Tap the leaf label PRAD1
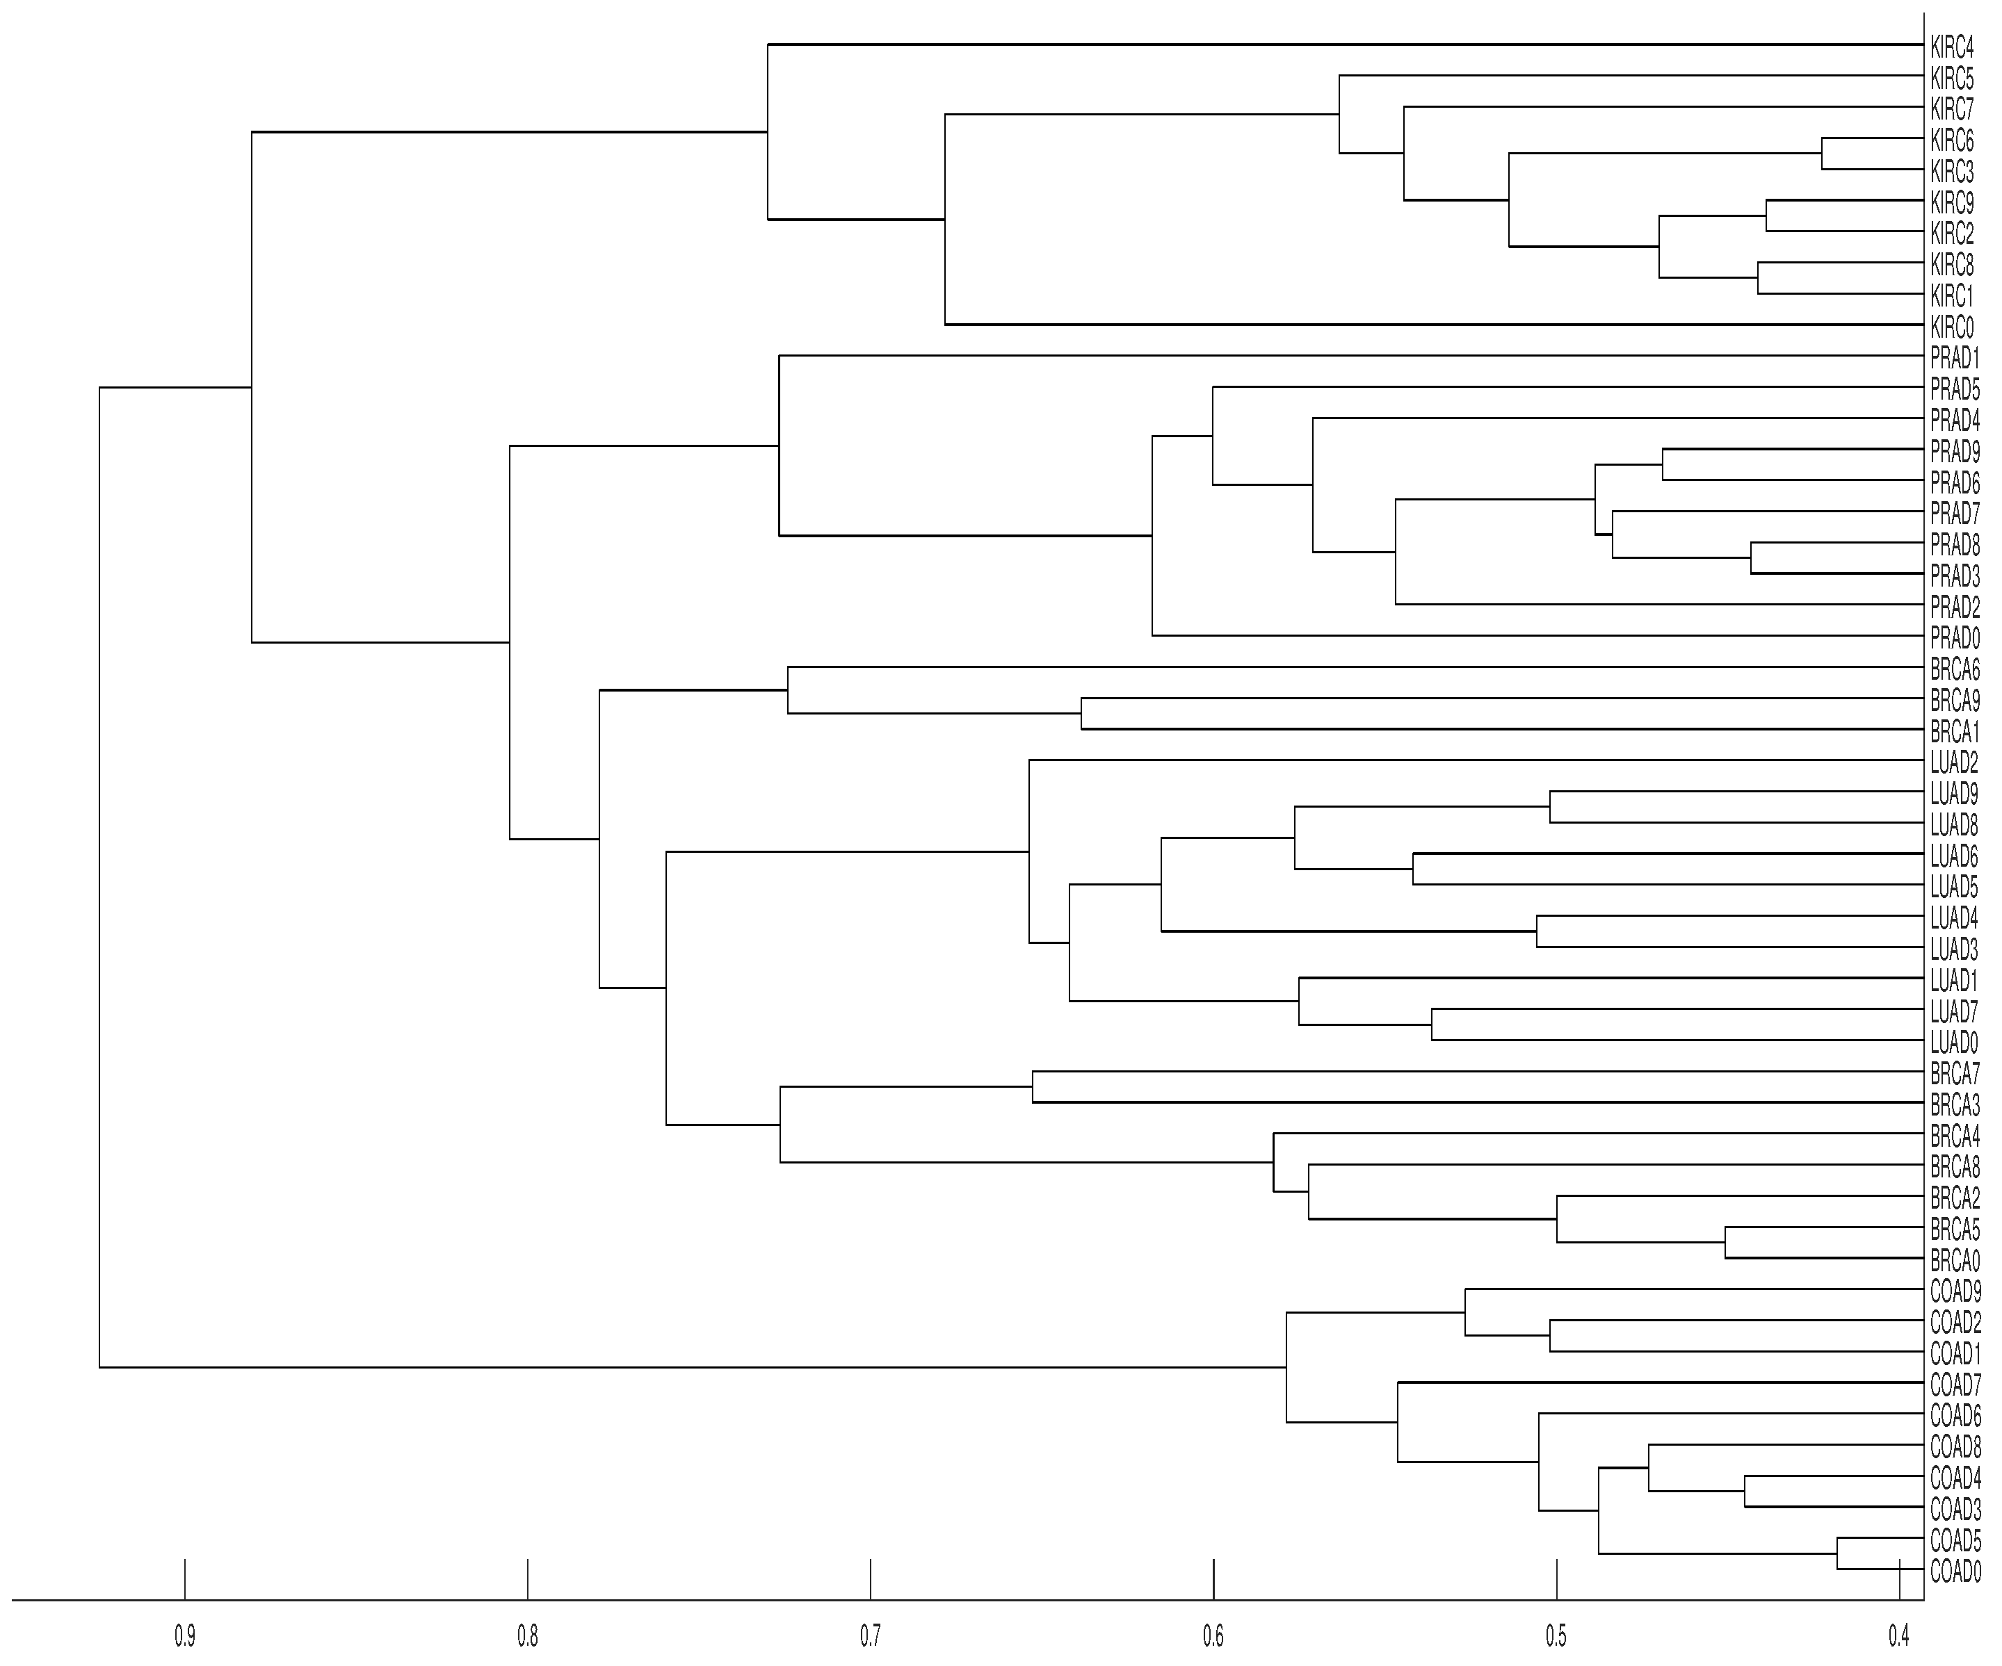click(x=1954, y=359)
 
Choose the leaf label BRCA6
click(x=1954, y=669)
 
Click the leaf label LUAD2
click(x=1953, y=762)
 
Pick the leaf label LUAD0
click(x=1953, y=1043)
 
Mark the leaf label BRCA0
click(x=1954, y=1260)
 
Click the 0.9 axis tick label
click(x=185, y=1638)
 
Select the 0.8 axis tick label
click(x=527, y=1638)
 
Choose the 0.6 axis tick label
click(x=1213, y=1638)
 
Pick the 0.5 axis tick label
click(x=1556, y=1638)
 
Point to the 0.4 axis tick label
click(x=1899, y=1638)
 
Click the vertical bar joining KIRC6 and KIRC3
click(x=1822, y=154)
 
